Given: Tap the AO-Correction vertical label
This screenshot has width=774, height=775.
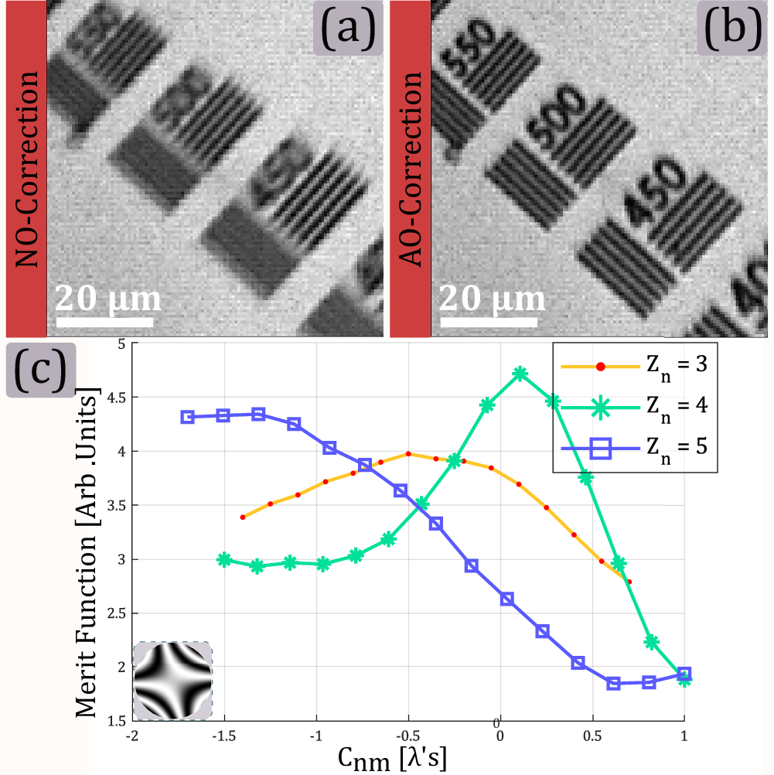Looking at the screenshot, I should pos(410,170).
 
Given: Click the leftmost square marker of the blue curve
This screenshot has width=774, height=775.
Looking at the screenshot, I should pos(187,416).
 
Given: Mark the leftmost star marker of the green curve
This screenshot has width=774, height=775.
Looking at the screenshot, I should pos(223,559).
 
